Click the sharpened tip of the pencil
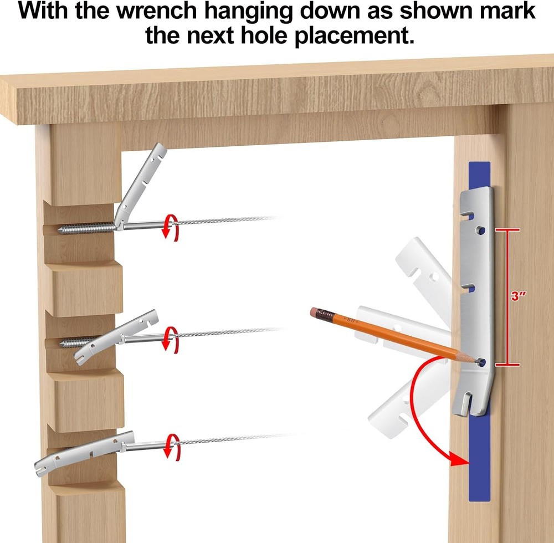(478, 361)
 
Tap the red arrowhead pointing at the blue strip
(460, 459)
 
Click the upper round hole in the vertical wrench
(480, 230)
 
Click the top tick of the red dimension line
(507, 229)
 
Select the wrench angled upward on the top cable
(141, 186)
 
